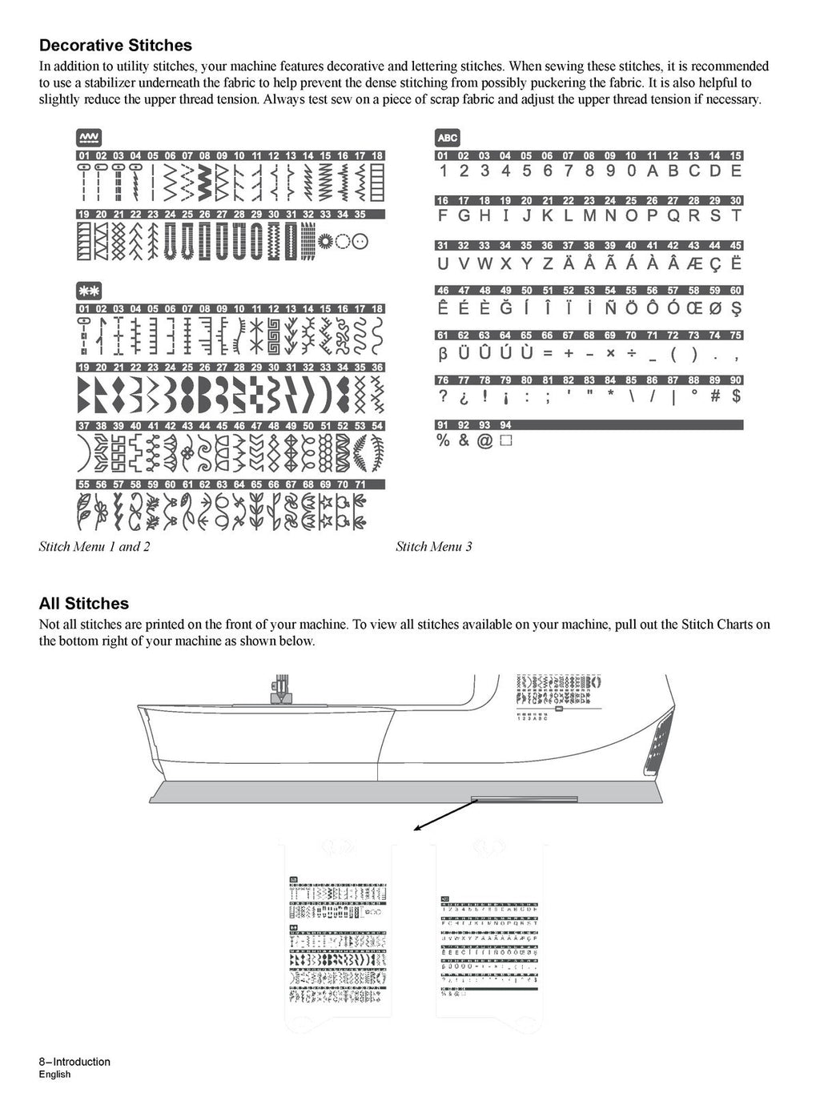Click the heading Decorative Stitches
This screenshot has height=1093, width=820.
[115, 46]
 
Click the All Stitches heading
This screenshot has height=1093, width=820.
[84, 604]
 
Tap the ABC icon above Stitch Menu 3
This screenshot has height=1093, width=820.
[448, 138]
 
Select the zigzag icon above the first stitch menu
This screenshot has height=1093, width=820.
[89, 138]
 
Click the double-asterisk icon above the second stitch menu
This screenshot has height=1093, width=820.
[89, 291]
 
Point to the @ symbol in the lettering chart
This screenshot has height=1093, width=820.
[484, 440]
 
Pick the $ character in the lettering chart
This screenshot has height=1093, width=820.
[736, 396]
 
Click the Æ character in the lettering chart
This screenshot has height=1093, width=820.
[693, 263]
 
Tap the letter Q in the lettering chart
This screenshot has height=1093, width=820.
[673, 216]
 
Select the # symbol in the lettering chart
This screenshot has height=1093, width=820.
[715, 396]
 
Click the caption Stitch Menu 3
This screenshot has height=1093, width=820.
[434, 547]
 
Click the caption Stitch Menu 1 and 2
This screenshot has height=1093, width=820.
[94, 547]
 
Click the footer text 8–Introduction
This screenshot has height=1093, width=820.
[74, 1062]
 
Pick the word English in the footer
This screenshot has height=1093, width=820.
[54, 1075]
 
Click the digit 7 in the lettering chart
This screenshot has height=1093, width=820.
[568, 171]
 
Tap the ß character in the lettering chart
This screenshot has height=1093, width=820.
[443, 352]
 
